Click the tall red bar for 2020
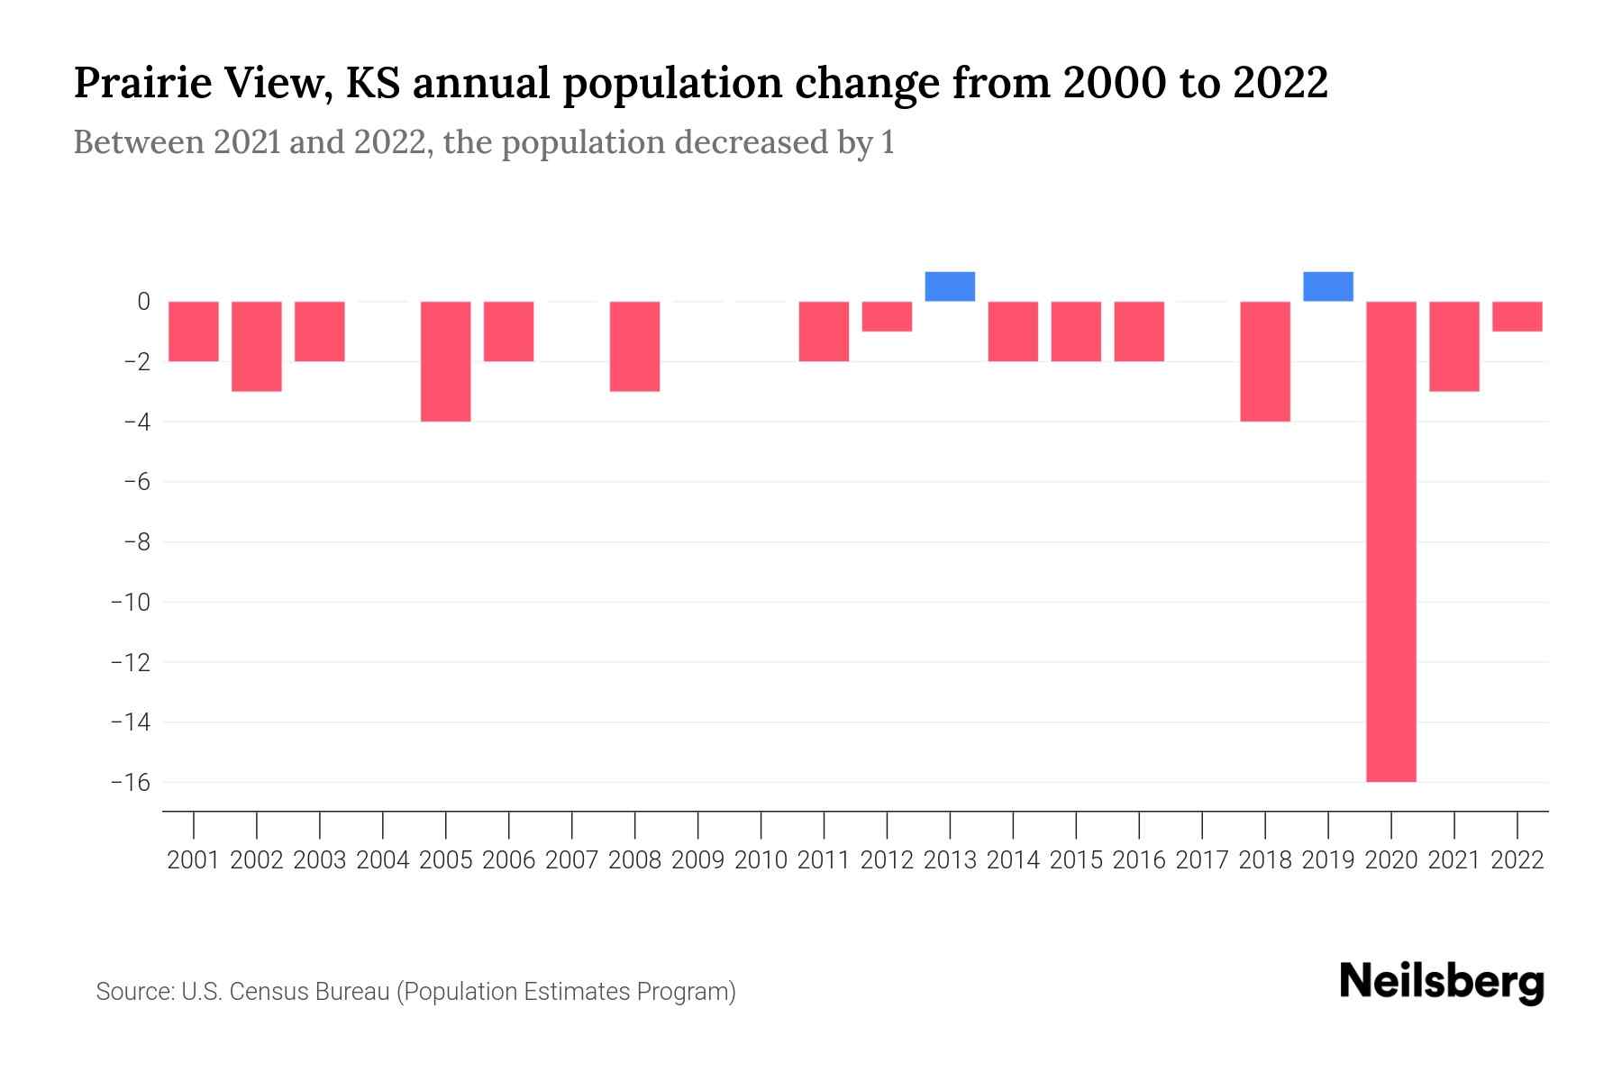pyautogui.click(x=1390, y=540)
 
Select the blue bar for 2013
pyautogui.click(x=950, y=286)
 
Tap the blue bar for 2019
pyautogui.click(x=1327, y=286)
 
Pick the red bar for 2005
pyautogui.click(x=446, y=361)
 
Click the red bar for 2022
pyautogui.click(x=1517, y=316)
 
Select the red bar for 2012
pyautogui.click(x=887, y=316)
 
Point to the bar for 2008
pyautogui.click(x=635, y=346)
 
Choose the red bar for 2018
pyautogui.click(x=1264, y=361)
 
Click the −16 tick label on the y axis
pyautogui.click(x=130, y=782)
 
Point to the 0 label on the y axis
pyautogui.click(x=143, y=302)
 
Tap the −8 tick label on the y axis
pyautogui.click(x=130, y=542)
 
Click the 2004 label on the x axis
pyautogui.click(x=383, y=860)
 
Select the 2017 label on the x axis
pyautogui.click(x=1201, y=860)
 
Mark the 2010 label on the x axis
pyautogui.click(x=761, y=860)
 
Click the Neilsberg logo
pyautogui.click(x=1442, y=982)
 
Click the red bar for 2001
pyautogui.click(x=194, y=332)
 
